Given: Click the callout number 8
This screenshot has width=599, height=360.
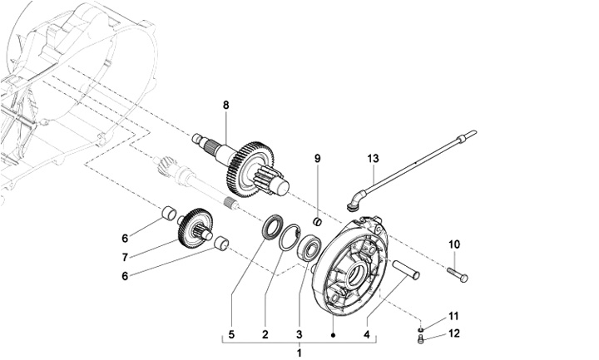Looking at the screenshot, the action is pos(226,106).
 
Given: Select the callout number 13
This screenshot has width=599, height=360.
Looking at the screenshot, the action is pos(374,158).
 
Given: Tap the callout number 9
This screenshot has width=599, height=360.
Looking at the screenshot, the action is pos(318,159).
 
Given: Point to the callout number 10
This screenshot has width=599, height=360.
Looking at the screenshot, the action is pos(454,244).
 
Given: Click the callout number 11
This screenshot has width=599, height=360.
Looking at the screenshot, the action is pos(453,316).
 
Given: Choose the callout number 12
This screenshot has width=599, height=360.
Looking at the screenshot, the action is pos(454,333).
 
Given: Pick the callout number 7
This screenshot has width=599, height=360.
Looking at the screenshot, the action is pos(125,258).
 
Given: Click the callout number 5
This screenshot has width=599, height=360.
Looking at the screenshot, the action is pos(231,335).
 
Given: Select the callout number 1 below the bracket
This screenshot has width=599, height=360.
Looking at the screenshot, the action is pos(299,353).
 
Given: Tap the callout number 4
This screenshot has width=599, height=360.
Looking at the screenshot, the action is pos(367,335).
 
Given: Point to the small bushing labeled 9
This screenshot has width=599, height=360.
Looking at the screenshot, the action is pos(318,221).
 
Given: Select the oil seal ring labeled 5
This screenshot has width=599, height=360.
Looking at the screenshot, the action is pos(272,227).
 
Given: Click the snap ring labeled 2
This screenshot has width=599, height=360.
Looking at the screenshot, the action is pos(290,238).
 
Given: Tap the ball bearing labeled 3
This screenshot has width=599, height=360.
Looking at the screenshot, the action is pos(309,248).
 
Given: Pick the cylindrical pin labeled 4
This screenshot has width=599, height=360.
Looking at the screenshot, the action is pos(406,270).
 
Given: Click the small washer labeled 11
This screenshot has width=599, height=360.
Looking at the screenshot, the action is pos(421,329).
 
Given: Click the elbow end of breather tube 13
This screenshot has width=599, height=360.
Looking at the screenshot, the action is pos(355,201).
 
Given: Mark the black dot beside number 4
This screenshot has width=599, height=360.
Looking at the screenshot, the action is pos(333,335).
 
